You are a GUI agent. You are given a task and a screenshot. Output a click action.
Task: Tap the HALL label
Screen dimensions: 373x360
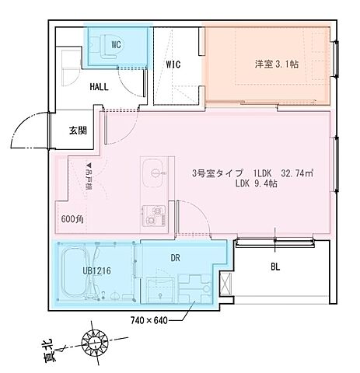click(x=100, y=88)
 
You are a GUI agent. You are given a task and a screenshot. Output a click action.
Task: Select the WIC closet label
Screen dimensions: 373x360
click(x=172, y=64)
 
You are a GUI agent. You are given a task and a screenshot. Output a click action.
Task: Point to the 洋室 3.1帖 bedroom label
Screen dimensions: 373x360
click(x=275, y=64)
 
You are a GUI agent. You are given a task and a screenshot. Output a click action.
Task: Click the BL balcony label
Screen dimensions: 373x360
click(x=275, y=267)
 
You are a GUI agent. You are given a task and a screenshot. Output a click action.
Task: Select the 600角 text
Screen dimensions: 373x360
click(x=72, y=219)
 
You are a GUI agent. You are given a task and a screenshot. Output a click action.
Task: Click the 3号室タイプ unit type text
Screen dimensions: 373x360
click(x=220, y=173)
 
